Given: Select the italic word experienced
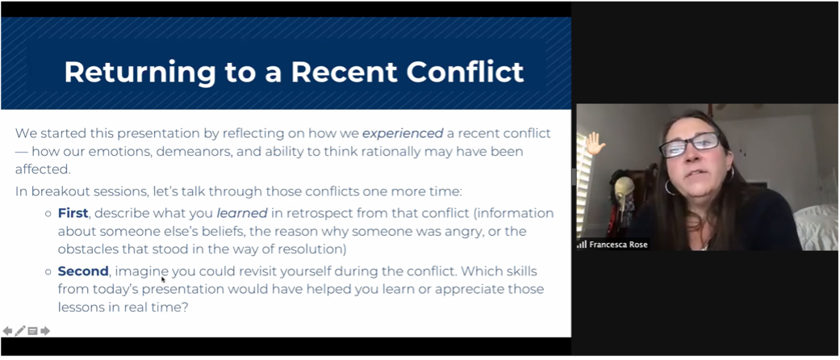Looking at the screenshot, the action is (x=403, y=133).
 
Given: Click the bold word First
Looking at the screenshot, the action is (x=73, y=213).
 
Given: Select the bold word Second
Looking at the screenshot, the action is (x=83, y=271).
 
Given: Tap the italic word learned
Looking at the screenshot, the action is (x=241, y=213).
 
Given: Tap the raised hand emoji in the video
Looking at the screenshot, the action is (x=594, y=143).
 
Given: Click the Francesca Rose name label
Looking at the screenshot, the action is (x=618, y=245).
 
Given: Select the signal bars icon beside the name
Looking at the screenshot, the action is (x=582, y=245).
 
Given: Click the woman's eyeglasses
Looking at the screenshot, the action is (x=689, y=144).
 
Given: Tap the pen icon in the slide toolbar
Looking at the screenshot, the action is (x=20, y=331).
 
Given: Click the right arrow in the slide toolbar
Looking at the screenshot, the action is (x=45, y=331).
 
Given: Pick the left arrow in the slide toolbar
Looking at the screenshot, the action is (x=7, y=331).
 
